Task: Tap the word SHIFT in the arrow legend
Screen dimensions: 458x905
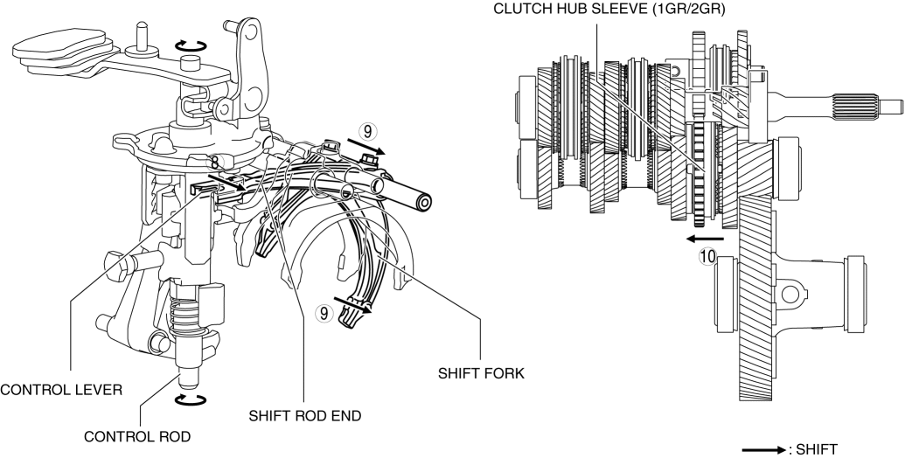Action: (x=815, y=450)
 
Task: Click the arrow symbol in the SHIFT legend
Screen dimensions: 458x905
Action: (x=762, y=450)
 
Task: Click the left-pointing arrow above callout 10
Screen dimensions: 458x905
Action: (x=705, y=238)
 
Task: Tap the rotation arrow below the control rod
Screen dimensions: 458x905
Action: (x=191, y=399)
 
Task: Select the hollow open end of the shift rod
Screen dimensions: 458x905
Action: (x=424, y=203)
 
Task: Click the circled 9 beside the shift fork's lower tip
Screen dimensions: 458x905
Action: (x=325, y=310)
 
